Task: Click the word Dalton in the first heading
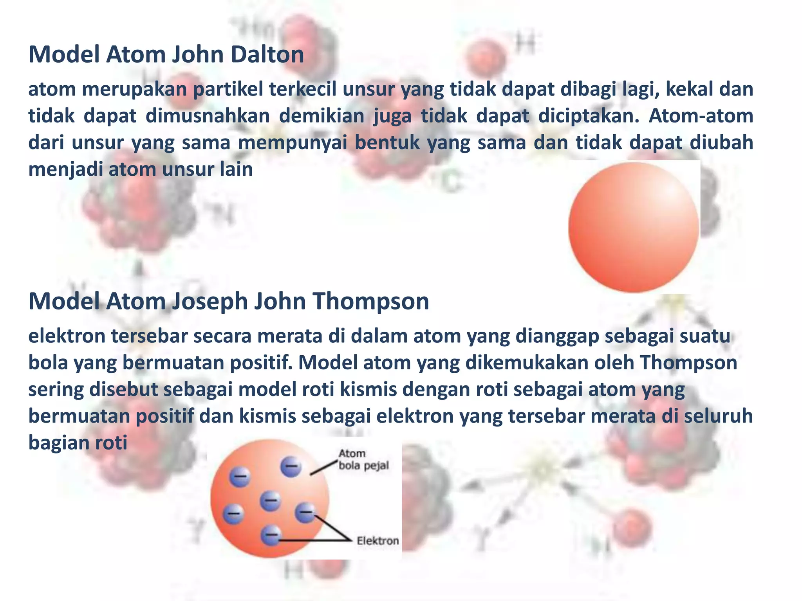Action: pyautogui.click(x=267, y=54)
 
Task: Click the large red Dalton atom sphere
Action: pyautogui.click(x=633, y=227)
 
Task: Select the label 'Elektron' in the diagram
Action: pyautogui.click(x=378, y=541)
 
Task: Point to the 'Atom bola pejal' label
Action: pyautogui.click(x=363, y=459)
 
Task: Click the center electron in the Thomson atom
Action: pyautogui.click(x=270, y=500)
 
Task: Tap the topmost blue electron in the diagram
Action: pyautogui.click(x=291, y=466)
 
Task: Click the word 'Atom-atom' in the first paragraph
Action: pyautogui.click(x=701, y=116)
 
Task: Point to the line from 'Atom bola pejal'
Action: pyautogui.click(x=323, y=468)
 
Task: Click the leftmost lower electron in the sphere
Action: pyautogui.click(x=233, y=513)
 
